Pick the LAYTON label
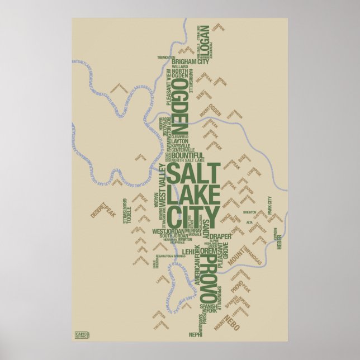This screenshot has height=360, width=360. pos(180,141)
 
